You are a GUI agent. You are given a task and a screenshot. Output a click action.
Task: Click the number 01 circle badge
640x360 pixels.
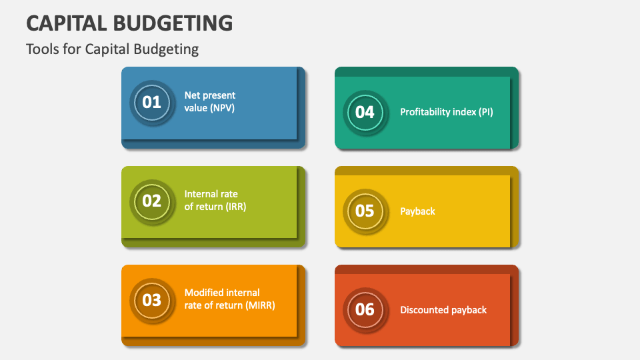point(152,102)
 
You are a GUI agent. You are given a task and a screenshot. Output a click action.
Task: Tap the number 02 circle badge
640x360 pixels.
point(152,200)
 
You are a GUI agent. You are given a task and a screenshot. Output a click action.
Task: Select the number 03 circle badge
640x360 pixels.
point(152,299)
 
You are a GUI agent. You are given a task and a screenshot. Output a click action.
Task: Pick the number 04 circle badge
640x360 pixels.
point(365,112)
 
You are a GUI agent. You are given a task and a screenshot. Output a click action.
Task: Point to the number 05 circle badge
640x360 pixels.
point(365,211)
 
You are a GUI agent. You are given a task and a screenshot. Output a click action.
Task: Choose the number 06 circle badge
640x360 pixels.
point(365,309)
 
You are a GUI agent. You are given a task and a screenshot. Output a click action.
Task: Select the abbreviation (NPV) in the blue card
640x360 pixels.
point(221,107)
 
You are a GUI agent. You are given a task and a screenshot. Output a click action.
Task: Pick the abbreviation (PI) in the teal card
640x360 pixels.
point(485,112)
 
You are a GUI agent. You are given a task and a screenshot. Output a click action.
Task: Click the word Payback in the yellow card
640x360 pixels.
point(417,211)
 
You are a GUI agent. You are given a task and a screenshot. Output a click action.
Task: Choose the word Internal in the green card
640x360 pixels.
point(202,194)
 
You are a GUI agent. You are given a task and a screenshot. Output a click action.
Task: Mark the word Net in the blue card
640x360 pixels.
point(192,95)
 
